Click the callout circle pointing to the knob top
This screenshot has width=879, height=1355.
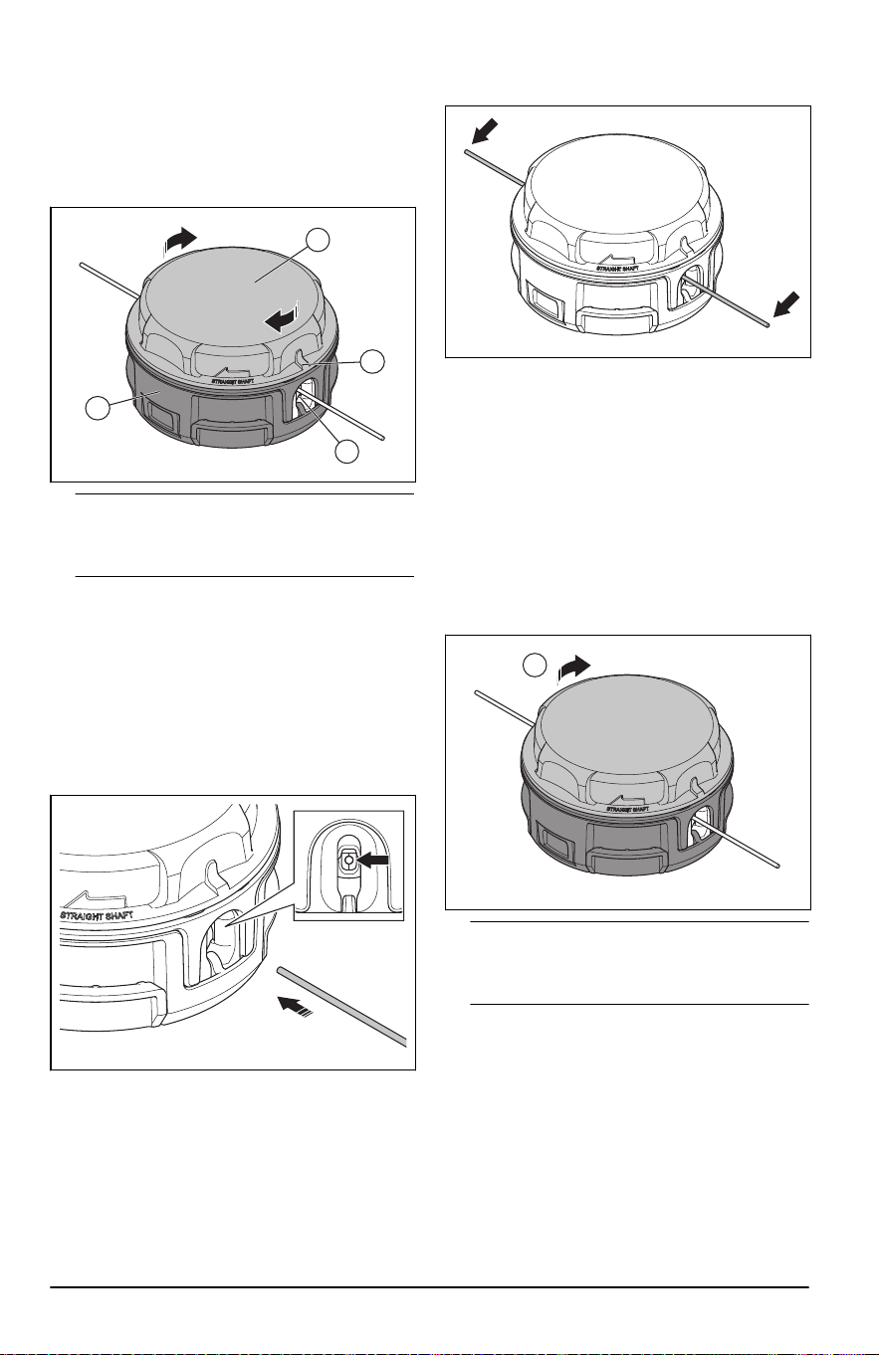coord(318,240)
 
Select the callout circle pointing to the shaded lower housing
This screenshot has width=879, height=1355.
coord(99,407)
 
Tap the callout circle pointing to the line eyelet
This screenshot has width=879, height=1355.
coord(346,452)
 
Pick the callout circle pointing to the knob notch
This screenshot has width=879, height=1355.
coord(372,361)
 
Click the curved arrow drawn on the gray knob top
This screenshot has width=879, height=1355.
coord(284,317)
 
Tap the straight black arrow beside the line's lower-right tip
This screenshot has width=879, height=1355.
coord(787,305)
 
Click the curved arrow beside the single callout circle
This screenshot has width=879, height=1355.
coord(572,669)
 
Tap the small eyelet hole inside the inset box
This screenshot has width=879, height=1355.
coord(347,859)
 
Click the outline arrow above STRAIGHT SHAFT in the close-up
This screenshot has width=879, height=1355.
coord(104,897)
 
